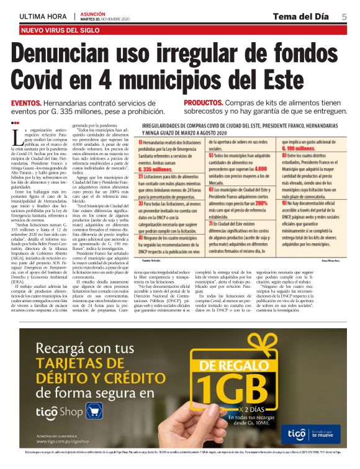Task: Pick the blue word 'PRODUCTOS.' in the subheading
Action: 206,103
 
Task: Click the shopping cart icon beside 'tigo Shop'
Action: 94,411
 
